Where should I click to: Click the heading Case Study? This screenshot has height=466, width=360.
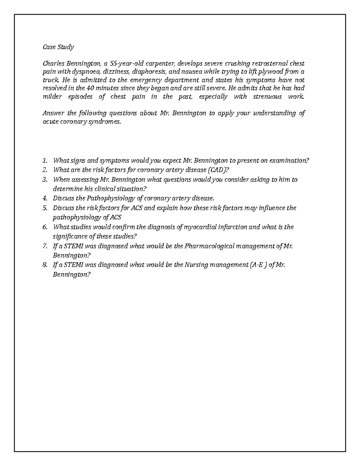coord(58,47)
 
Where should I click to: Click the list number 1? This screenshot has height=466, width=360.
coord(45,161)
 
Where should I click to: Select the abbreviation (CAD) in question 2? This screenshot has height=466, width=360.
coord(215,170)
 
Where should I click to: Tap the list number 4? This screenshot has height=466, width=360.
coord(45,198)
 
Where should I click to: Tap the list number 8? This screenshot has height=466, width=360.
coord(45,265)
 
